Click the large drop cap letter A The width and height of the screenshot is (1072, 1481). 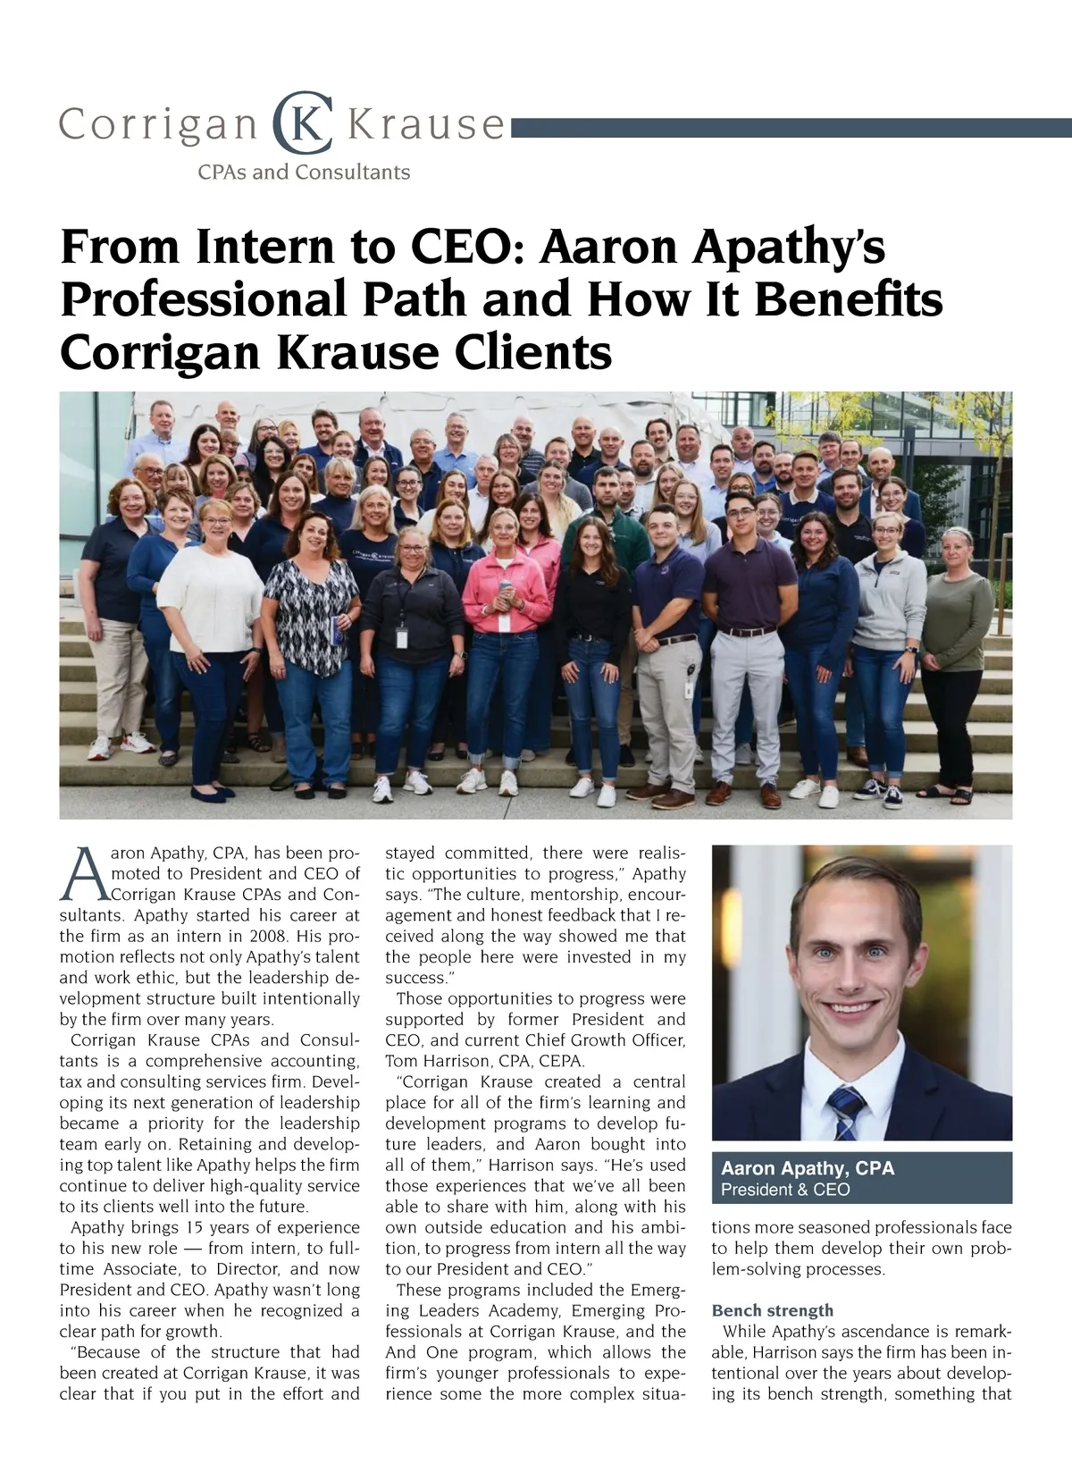tap(79, 874)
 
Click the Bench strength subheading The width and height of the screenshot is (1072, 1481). tap(772, 1310)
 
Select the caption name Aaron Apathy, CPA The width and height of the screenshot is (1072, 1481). tap(807, 1168)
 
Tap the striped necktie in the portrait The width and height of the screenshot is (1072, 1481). tap(845, 1113)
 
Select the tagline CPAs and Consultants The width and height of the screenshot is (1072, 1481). tap(304, 172)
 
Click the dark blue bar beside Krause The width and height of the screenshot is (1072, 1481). tap(791, 130)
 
